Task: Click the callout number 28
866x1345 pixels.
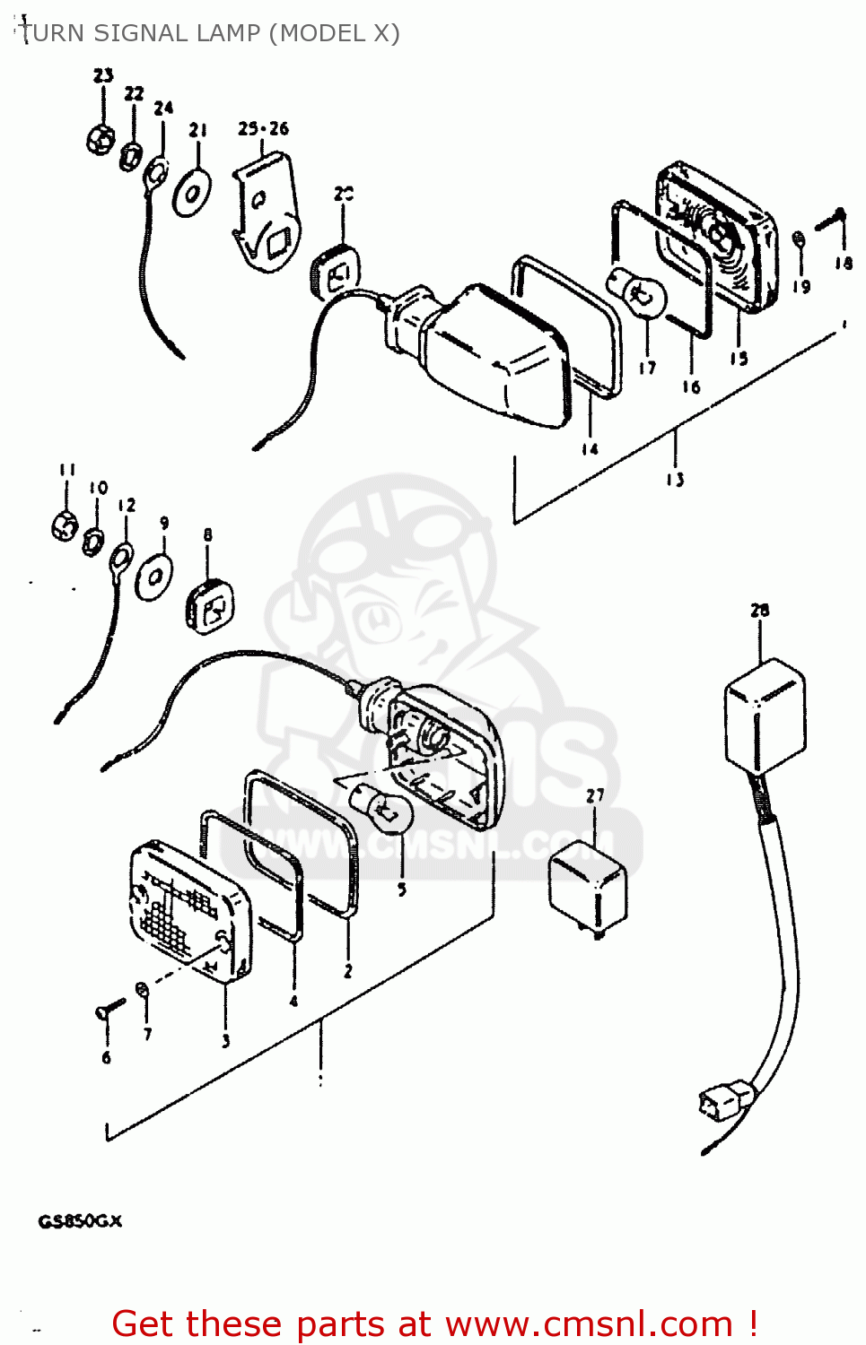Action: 759,611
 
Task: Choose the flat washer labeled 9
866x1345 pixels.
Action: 154,576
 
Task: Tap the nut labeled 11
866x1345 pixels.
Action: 65,525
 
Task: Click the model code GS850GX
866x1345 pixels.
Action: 80,1221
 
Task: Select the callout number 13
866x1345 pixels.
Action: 675,480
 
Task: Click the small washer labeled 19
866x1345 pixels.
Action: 799,240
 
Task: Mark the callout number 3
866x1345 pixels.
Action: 225,1041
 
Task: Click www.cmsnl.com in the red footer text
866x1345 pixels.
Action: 589,1323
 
